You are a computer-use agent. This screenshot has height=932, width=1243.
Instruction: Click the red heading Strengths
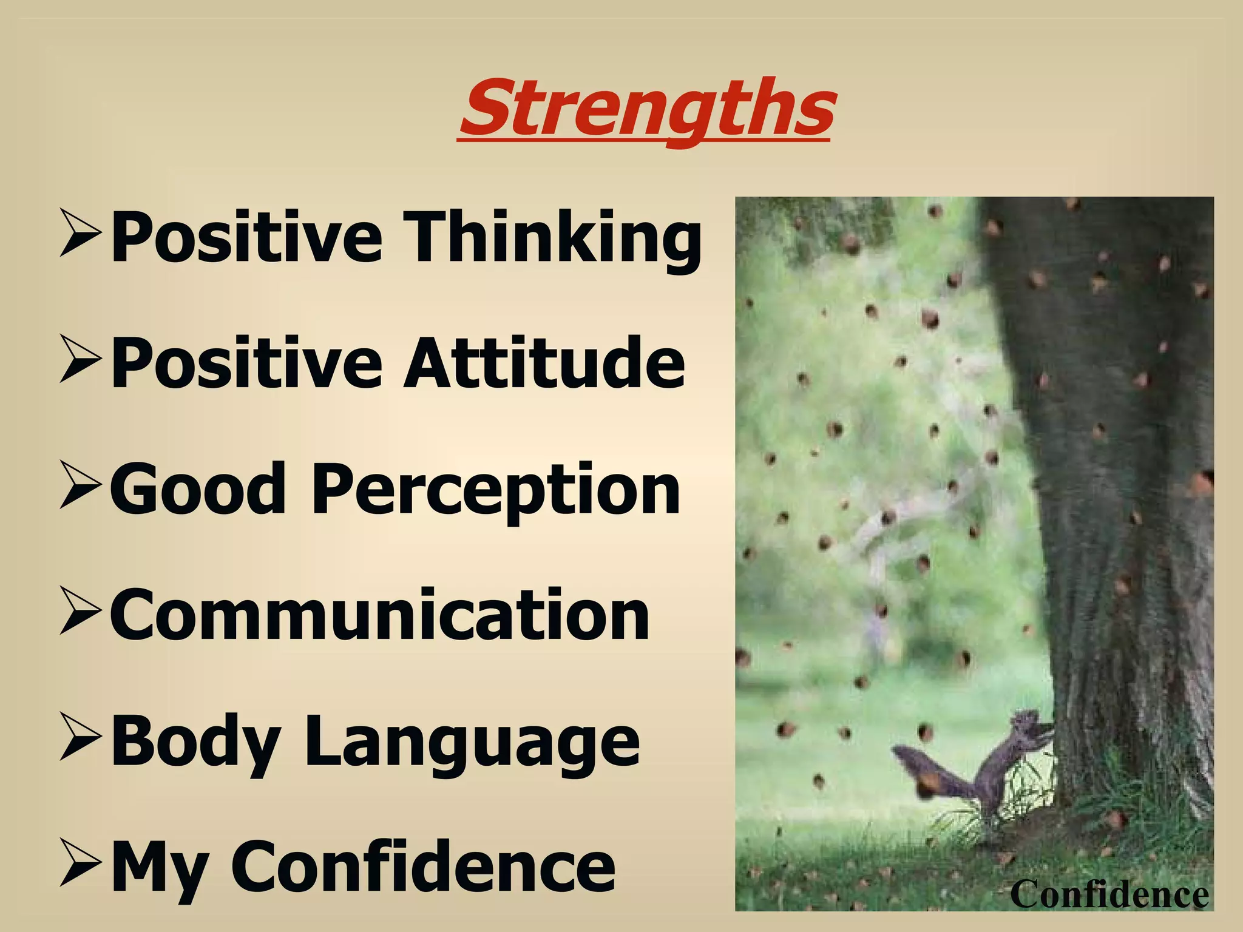tap(647, 109)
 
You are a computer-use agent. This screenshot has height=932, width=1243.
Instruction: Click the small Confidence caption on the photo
tap(1109, 894)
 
